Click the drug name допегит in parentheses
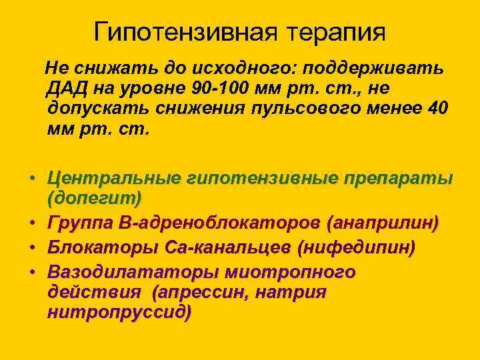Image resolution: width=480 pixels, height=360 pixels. (95, 198)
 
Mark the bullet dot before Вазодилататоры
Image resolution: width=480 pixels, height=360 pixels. (31, 273)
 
